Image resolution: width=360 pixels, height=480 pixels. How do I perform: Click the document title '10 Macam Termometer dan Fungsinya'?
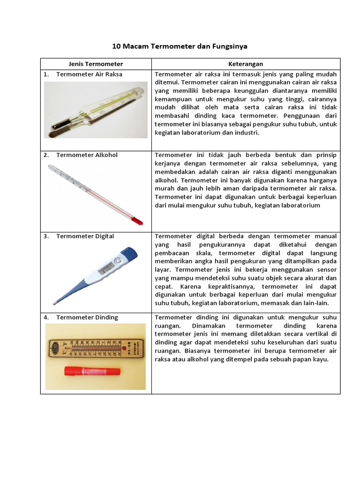(180, 46)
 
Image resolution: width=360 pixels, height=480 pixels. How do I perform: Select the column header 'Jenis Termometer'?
(96, 64)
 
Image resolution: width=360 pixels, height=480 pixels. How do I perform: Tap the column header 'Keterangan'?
(246, 64)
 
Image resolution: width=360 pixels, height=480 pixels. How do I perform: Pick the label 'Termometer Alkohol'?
(87, 155)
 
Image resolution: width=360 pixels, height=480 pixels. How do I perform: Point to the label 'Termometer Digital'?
(85, 236)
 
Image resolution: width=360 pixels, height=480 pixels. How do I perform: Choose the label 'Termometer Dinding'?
(87, 317)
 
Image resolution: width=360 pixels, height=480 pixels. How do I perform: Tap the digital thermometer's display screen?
(105, 270)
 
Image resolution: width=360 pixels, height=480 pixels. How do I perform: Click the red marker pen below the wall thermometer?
(92, 371)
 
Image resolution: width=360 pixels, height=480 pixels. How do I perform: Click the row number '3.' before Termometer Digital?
(46, 236)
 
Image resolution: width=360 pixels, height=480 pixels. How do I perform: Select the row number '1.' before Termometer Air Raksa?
(46, 74)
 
